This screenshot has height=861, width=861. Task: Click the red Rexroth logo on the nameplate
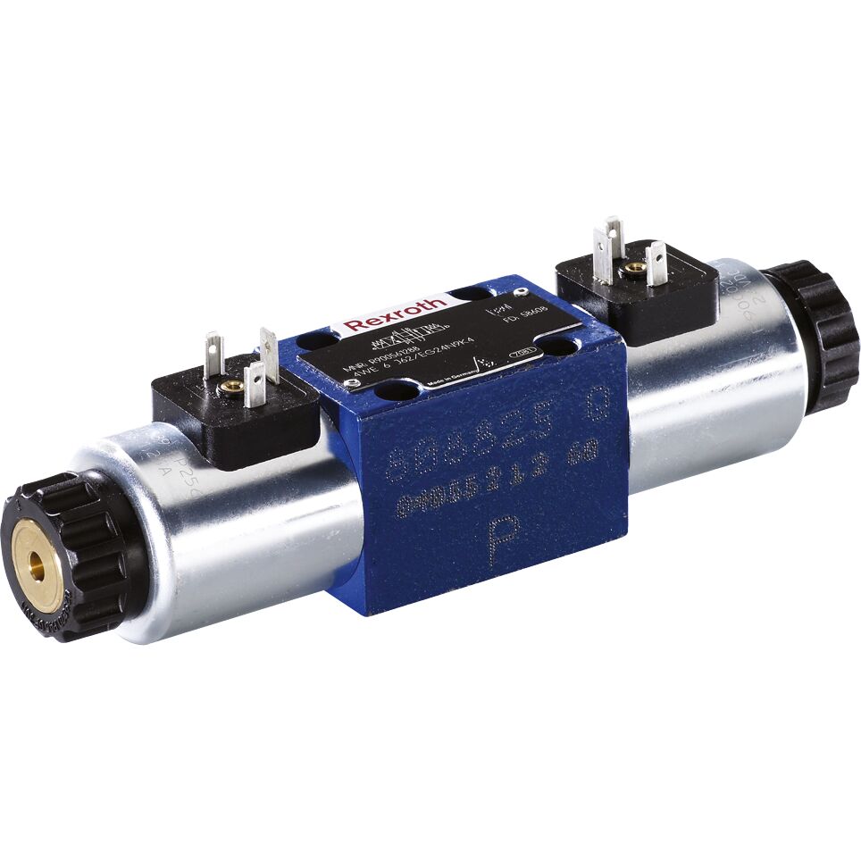[x=395, y=313]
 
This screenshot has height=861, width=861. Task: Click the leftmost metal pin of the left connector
[x=213, y=355]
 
